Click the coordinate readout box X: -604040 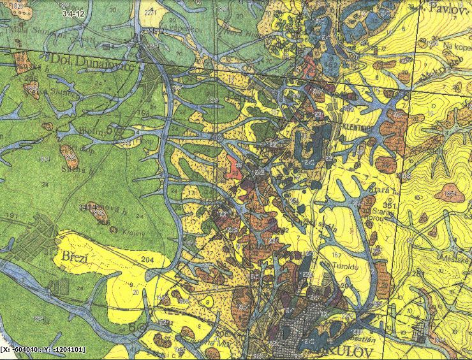tap(43, 349)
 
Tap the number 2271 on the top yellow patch tap(151, 12)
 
